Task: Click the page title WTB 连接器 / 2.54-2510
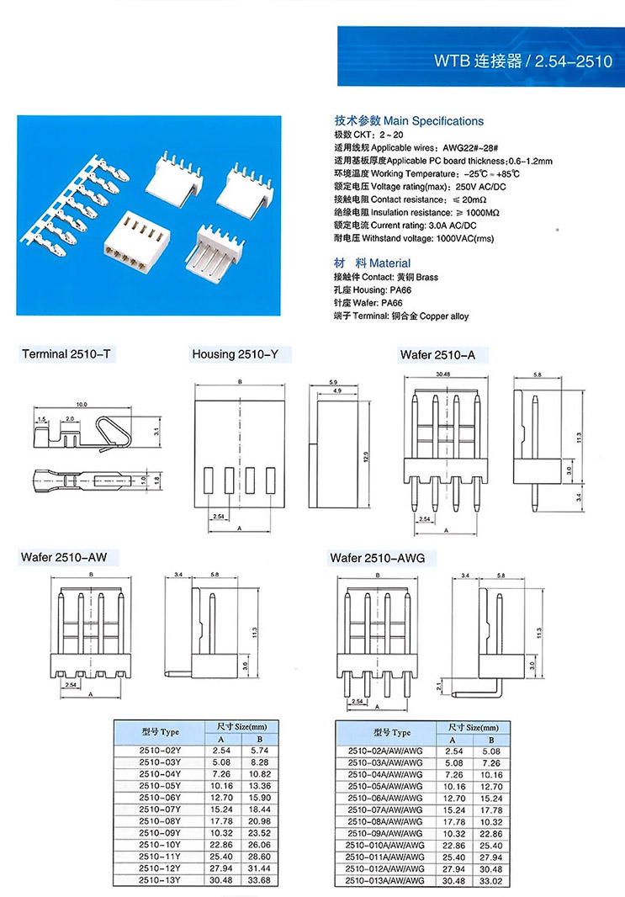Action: (522, 61)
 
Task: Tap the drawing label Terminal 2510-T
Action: (66, 354)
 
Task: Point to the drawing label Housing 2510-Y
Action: (235, 354)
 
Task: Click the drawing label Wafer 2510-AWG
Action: (378, 557)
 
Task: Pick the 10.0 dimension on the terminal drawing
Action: (82, 405)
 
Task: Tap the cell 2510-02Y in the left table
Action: (159, 750)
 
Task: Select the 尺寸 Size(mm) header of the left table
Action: (238, 726)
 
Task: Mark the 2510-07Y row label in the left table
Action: (159, 809)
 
